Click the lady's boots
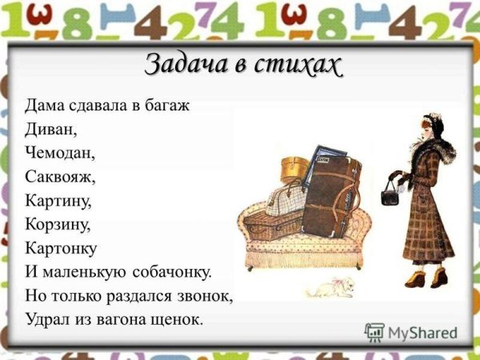pos(428,278)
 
